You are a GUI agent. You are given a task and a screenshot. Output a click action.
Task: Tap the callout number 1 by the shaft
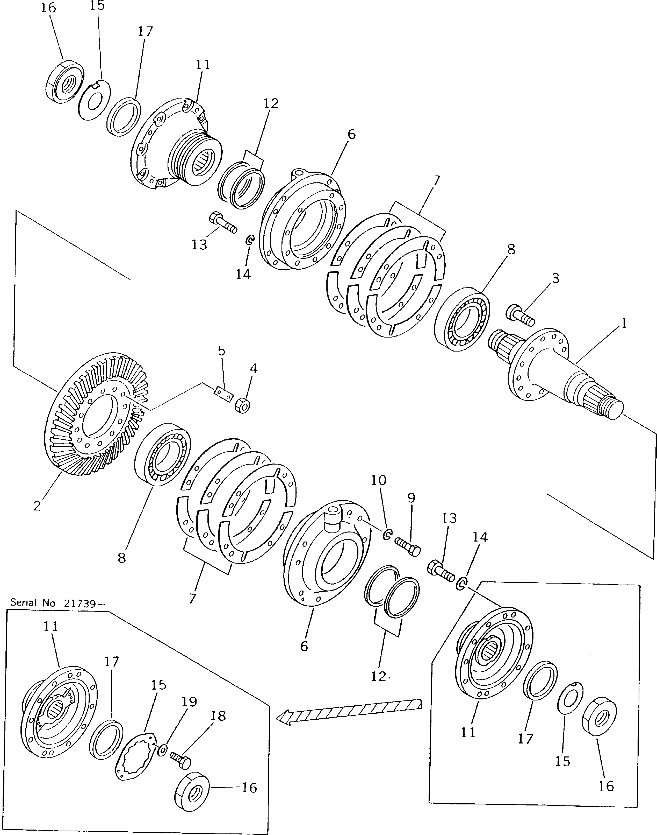point(624,323)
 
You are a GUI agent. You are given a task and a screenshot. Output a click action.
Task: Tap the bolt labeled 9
point(408,547)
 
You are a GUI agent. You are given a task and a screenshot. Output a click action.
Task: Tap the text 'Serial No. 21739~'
point(57,603)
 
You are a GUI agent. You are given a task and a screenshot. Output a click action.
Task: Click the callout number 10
point(379,480)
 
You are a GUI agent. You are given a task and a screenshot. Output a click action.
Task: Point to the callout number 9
point(411,498)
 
